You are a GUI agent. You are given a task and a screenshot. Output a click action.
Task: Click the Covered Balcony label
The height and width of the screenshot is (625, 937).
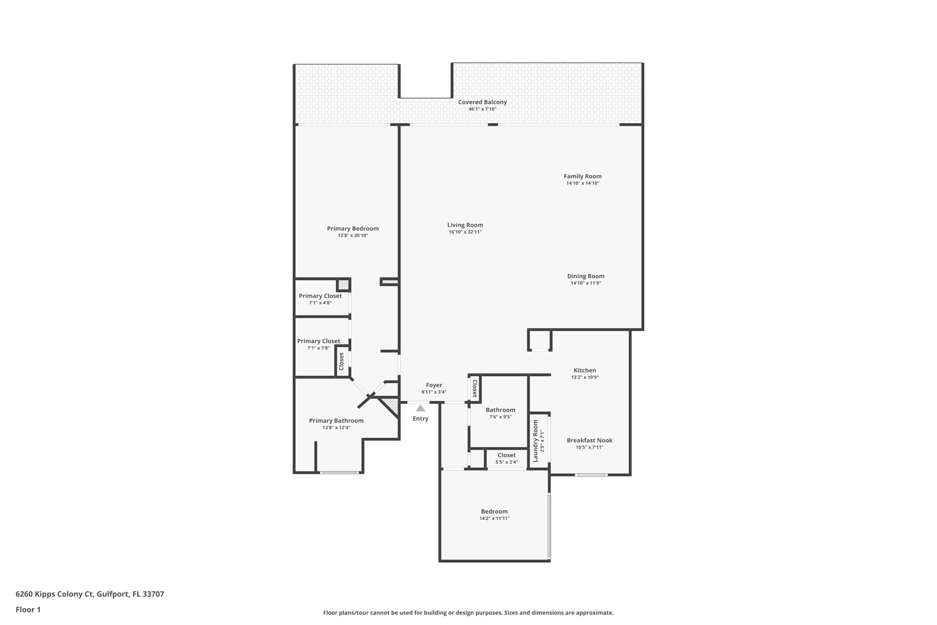482,102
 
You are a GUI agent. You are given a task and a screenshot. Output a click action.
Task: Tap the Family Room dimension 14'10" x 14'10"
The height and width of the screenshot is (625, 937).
582,183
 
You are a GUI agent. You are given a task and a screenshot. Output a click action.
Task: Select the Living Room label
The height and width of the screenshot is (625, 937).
465,225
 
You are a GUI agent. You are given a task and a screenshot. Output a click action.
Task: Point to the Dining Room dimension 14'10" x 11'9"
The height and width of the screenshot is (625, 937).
585,283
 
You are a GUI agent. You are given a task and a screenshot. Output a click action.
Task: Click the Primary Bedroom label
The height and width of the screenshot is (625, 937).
353,228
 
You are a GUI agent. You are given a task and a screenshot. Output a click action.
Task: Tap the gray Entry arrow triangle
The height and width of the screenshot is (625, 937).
420,408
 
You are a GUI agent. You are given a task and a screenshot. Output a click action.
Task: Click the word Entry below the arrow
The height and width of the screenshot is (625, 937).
420,418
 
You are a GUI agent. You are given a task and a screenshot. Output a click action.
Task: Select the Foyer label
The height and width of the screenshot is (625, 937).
434,385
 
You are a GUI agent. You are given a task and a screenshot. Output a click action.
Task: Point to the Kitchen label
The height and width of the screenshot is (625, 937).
585,370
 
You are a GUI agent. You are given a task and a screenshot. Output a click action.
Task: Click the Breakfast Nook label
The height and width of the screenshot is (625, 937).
589,440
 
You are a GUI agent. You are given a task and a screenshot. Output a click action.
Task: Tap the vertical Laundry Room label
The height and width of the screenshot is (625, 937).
536,440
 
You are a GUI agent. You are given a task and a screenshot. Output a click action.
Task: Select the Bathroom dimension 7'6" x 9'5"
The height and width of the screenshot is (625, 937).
500,417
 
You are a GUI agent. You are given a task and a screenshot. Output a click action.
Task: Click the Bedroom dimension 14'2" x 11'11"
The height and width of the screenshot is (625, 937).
494,518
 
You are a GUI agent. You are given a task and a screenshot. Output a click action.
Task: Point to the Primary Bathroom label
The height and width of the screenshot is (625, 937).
336,421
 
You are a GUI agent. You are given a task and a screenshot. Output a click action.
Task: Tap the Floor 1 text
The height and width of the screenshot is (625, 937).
28,609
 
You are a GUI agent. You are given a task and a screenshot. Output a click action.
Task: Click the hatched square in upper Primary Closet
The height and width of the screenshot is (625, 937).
343,285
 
